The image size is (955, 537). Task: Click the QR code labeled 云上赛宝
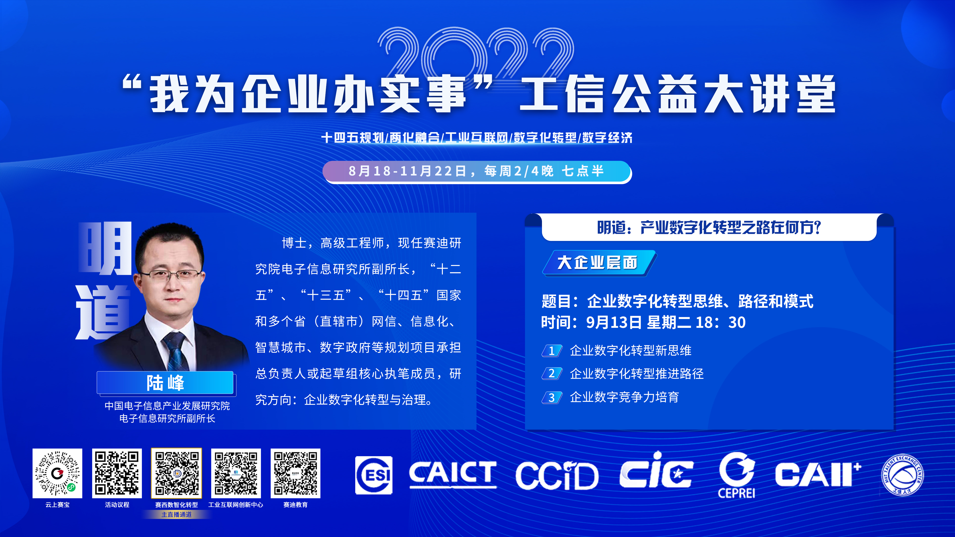pyautogui.click(x=57, y=473)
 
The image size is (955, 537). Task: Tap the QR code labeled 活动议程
pyautogui.click(x=117, y=473)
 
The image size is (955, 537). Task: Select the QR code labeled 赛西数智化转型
pyautogui.click(x=176, y=473)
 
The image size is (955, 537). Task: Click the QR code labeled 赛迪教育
pyautogui.click(x=296, y=473)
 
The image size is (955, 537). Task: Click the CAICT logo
pyautogui.click(x=453, y=474)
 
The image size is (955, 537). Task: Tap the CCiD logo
pyautogui.click(x=557, y=475)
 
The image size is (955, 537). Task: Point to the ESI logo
pyautogui.click(x=374, y=475)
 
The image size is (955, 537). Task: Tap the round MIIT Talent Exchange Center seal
pyautogui.click(x=902, y=475)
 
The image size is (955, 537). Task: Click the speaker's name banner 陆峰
pyautogui.click(x=165, y=382)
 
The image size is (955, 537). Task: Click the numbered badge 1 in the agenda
pyautogui.click(x=552, y=351)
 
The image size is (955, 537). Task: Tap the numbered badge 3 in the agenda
pyautogui.click(x=552, y=397)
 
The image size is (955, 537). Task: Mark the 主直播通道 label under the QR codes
pyautogui.click(x=176, y=514)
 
